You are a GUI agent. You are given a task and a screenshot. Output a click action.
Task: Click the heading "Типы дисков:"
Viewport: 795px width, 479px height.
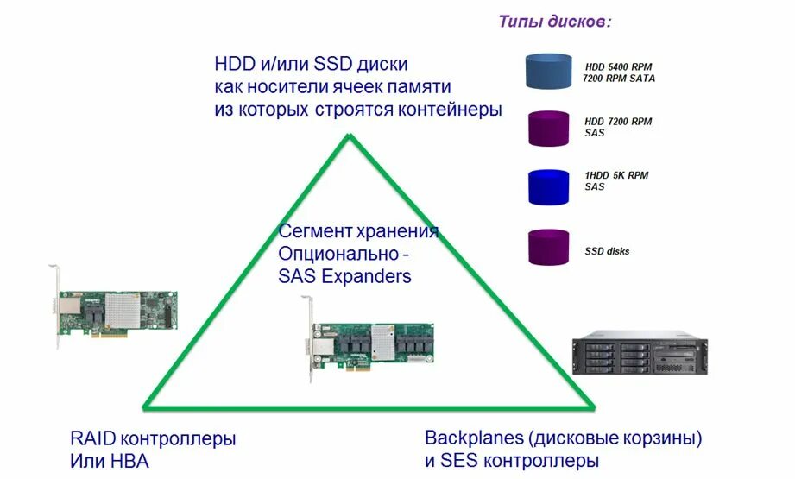tap(554, 22)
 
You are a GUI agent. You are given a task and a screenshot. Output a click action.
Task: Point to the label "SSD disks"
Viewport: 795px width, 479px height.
tap(607, 251)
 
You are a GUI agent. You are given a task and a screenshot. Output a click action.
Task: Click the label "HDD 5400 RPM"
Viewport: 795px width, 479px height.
tap(619, 66)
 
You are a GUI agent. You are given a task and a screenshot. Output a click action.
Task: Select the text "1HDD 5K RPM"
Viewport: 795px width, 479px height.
tap(616, 175)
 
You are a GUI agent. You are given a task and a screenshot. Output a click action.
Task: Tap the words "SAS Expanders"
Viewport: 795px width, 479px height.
tap(344, 276)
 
